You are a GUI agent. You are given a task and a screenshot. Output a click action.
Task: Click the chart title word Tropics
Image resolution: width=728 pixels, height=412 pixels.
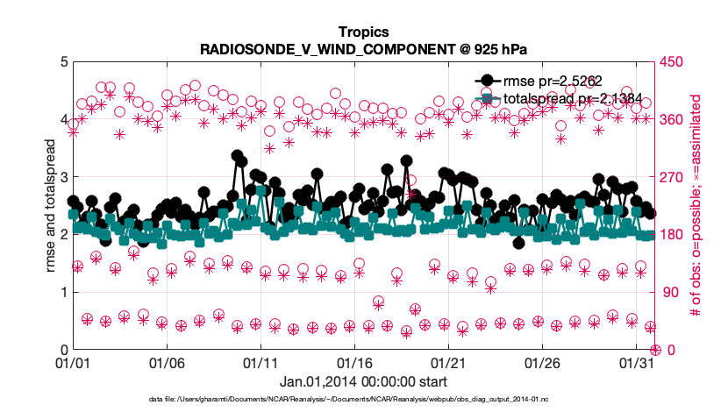363,32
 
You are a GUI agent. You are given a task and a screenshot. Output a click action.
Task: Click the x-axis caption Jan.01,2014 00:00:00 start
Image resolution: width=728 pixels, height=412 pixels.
363,381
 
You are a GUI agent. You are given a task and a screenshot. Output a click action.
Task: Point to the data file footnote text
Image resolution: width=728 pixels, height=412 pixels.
363,399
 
